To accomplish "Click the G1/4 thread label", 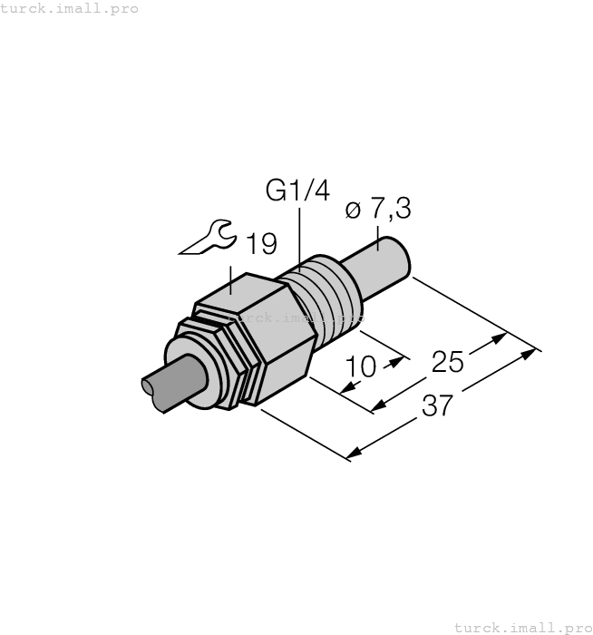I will click(x=297, y=191).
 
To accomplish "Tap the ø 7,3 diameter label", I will click(x=378, y=210).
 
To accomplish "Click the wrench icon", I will click(x=208, y=238).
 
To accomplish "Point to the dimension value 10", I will click(x=361, y=367).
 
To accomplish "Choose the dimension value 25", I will click(x=447, y=362).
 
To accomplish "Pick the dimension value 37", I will click(x=437, y=405).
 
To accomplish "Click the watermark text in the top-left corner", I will click(x=70, y=8).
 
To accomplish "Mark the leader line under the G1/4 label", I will click(x=297, y=238).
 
